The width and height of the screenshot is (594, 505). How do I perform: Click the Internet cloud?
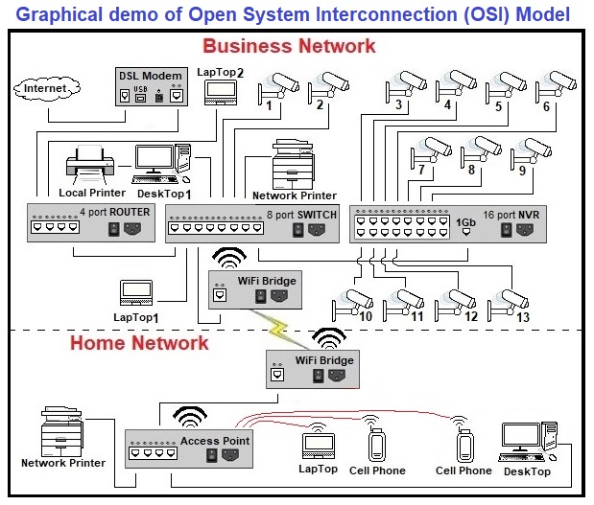coord(46,89)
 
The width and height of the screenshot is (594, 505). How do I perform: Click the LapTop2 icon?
coord(221,91)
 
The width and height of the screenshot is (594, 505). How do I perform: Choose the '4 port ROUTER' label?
coord(114,213)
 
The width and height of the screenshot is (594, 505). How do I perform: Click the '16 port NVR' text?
coord(516,216)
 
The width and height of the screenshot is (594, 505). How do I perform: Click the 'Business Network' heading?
coord(289,45)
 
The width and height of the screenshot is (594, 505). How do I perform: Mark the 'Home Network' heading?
coord(138,342)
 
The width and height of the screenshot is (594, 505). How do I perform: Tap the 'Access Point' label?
coord(215,441)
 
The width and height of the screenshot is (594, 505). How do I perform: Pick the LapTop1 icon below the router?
coord(135,292)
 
